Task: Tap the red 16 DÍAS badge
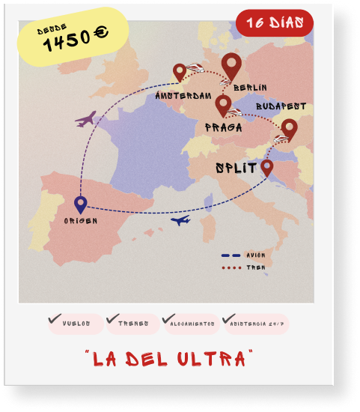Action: (275, 23)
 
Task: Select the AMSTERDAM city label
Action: (183, 96)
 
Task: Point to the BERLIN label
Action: (250, 88)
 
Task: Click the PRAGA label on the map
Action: (223, 127)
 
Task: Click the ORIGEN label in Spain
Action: (80, 221)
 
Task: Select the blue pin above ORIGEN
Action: (80, 203)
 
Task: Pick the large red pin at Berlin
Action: (234, 67)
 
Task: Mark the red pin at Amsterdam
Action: (180, 72)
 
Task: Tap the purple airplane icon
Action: (86, 118)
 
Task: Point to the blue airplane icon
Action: (180, 220)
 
